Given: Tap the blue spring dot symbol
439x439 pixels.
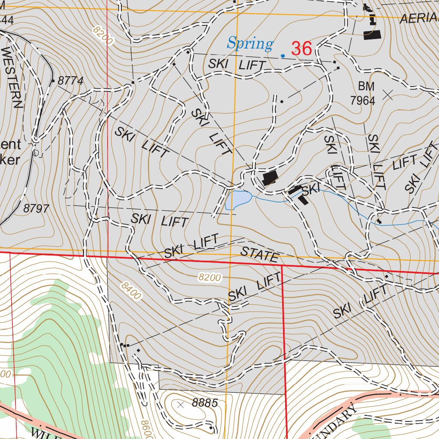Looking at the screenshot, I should (283, 55).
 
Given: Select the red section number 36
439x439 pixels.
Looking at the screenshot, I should (301, 49).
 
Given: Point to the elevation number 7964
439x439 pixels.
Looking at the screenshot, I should (363, 101).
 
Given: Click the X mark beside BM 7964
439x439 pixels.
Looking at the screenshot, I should (389, 94).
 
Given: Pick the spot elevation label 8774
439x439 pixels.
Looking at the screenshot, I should (70, 81).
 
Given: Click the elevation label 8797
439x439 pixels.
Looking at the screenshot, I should (36, 209).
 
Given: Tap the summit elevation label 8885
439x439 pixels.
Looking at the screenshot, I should (205, 403).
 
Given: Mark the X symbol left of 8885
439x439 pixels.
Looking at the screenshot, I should (180, 404).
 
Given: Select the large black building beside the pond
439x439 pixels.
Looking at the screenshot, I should (270, 177).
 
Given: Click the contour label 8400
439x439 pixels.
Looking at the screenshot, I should (131, 291).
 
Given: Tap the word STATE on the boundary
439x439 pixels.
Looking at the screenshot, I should (259, 254).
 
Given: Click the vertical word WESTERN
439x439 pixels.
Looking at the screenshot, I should (12, 77).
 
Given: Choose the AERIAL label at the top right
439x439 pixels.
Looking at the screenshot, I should (419, 18).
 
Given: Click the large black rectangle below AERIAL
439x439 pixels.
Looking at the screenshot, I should (372, 35).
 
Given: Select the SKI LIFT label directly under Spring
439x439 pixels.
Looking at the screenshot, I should (237, 65).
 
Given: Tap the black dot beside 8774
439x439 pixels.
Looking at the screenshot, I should (53, 80).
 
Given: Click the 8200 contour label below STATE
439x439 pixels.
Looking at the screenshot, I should (210, 278).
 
